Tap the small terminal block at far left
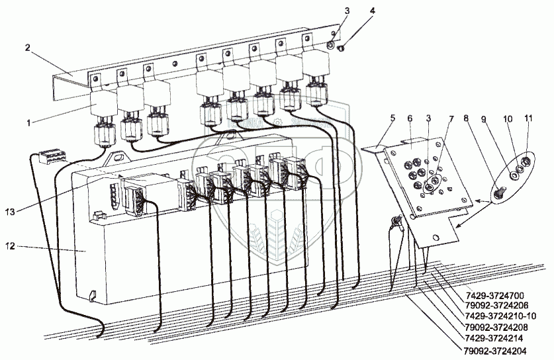pyautogui.click(x=52, y=157)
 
